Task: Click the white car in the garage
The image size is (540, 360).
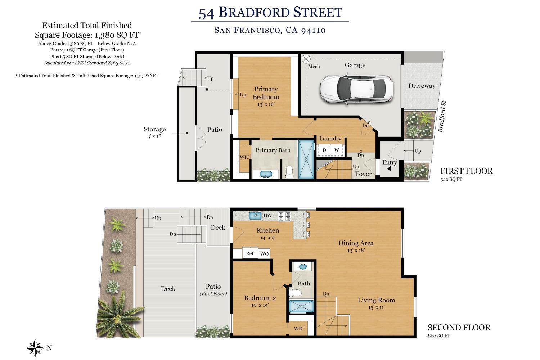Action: [356, 89]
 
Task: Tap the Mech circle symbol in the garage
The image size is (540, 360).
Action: [306, 59]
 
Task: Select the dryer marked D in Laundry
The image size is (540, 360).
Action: [324, 150]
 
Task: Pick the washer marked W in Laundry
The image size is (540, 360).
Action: [337, 150]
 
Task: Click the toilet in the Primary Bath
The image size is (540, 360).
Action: [289, 172]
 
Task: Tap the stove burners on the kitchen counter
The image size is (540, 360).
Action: [284, 216]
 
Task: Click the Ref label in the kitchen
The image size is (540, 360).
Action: [250, 253]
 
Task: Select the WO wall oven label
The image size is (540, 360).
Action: [265, 254]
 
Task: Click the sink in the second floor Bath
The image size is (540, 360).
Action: [303, 267]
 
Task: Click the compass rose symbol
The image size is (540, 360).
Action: [35, 348]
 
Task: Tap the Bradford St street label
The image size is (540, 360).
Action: [442, 117]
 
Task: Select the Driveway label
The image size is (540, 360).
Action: [422, 86]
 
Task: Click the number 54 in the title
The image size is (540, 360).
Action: [206, 14]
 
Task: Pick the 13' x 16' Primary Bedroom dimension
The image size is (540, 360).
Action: [266, 104]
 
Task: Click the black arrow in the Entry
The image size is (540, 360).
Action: [389, 169]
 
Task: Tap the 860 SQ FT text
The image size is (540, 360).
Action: [439, 336]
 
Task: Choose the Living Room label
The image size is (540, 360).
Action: [376, 300]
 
